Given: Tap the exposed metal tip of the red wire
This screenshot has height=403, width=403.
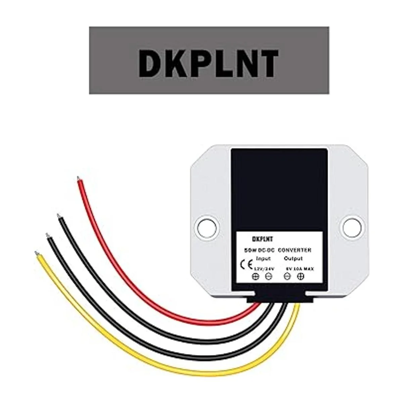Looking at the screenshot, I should [79, 178].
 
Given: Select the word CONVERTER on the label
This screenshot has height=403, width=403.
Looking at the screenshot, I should [295, 250].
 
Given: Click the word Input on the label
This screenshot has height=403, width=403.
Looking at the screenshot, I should [263, 259].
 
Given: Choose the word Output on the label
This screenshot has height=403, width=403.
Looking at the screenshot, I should [293, 259].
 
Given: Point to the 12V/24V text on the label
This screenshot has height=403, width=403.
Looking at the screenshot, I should [264, 268].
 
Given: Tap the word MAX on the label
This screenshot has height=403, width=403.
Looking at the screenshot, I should [307, 268].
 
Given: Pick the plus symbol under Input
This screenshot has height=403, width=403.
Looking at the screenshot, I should [256, 277].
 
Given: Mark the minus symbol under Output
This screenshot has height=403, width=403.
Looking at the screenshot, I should [287, 277].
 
